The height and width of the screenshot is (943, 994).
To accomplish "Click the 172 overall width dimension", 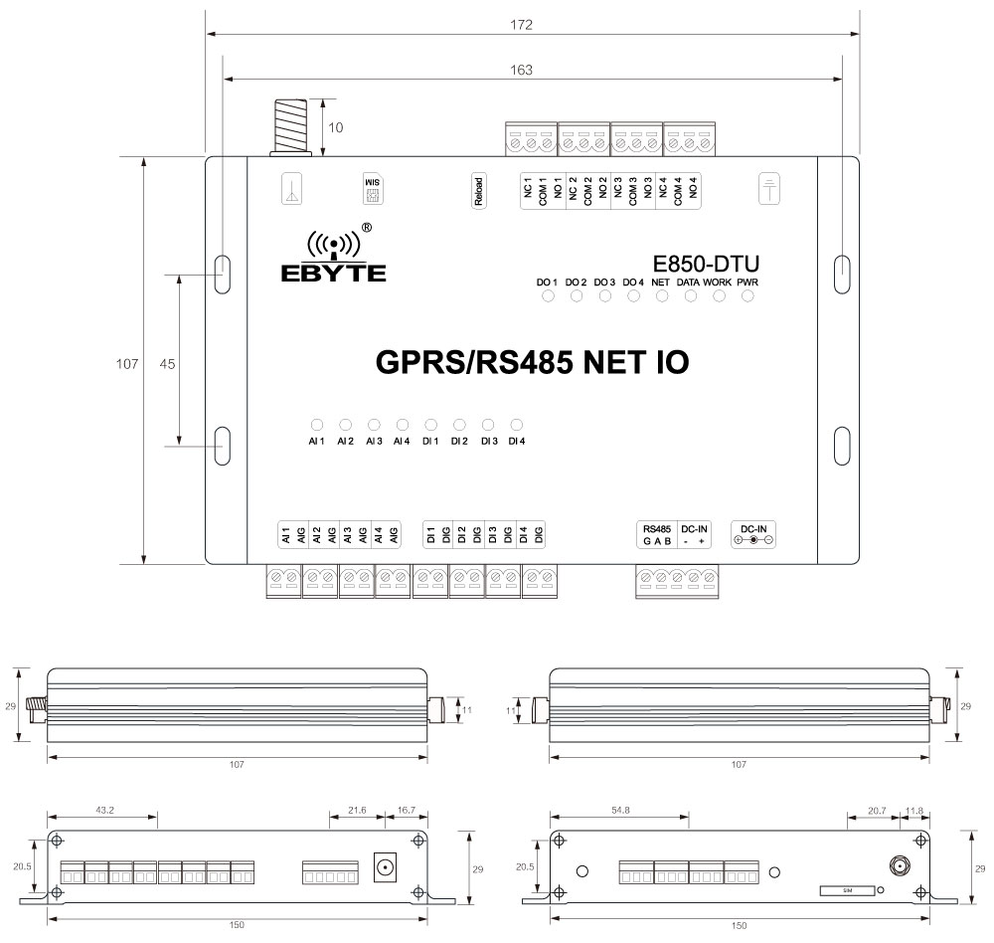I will tap(522, 24).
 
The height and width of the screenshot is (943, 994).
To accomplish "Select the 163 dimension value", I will tap(522, 70).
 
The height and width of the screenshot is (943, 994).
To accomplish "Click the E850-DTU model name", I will tap(706, 265).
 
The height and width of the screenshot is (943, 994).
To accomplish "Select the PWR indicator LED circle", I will tap(748, 298).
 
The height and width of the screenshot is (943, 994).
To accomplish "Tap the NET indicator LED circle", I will tap(661, 298).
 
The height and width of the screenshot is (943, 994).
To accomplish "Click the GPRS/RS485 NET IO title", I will tap(532, 362).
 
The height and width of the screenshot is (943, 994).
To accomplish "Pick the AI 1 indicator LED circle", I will tap(316, 424).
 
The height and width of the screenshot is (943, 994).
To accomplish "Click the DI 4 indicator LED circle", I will tap(516, 424).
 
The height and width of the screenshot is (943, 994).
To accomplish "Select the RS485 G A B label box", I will tap(658, 534).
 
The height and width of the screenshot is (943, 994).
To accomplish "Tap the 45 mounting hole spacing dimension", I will tap(167, 364).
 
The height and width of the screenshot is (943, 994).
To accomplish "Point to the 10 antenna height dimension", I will tap(336, 127).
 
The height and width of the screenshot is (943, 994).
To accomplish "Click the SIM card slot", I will tap(848, 890).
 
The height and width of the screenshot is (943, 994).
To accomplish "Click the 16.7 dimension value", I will tap(406, 811).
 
